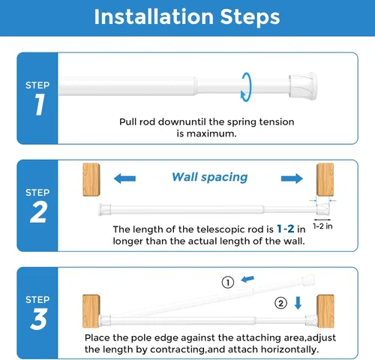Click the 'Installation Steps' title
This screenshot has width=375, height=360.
(187, 17)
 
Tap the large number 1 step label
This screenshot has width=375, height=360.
(40, 104)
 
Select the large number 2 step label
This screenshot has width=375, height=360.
(38, 212)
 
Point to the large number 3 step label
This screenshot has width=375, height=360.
(39, 319)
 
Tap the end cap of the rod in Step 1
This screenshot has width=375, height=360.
(303, 86)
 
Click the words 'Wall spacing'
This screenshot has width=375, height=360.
(210, 177)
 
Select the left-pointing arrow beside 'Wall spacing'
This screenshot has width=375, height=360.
(124, 178)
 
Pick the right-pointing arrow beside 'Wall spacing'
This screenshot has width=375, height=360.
(292, 178)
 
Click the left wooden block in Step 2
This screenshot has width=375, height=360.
(91, 179)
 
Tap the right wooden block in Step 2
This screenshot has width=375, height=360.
(325, 179)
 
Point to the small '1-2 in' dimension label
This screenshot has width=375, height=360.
(322, 226)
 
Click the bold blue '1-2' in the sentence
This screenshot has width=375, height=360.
(286, 229)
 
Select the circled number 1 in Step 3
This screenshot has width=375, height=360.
(228, 283)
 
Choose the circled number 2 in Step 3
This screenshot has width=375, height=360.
(280, 303)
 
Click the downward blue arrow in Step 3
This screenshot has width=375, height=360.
(298, 303)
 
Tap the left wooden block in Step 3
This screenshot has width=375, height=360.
(91, 311)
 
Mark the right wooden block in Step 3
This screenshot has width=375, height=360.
(325, 311)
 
